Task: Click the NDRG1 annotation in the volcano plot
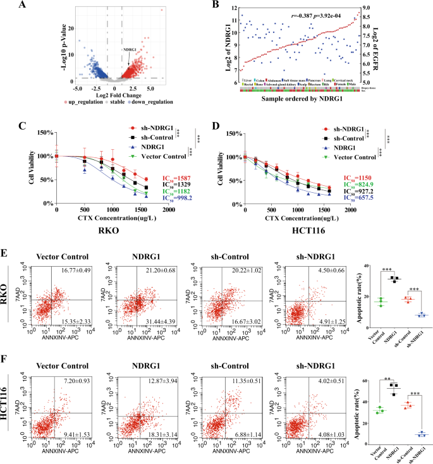tap(130, 49)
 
